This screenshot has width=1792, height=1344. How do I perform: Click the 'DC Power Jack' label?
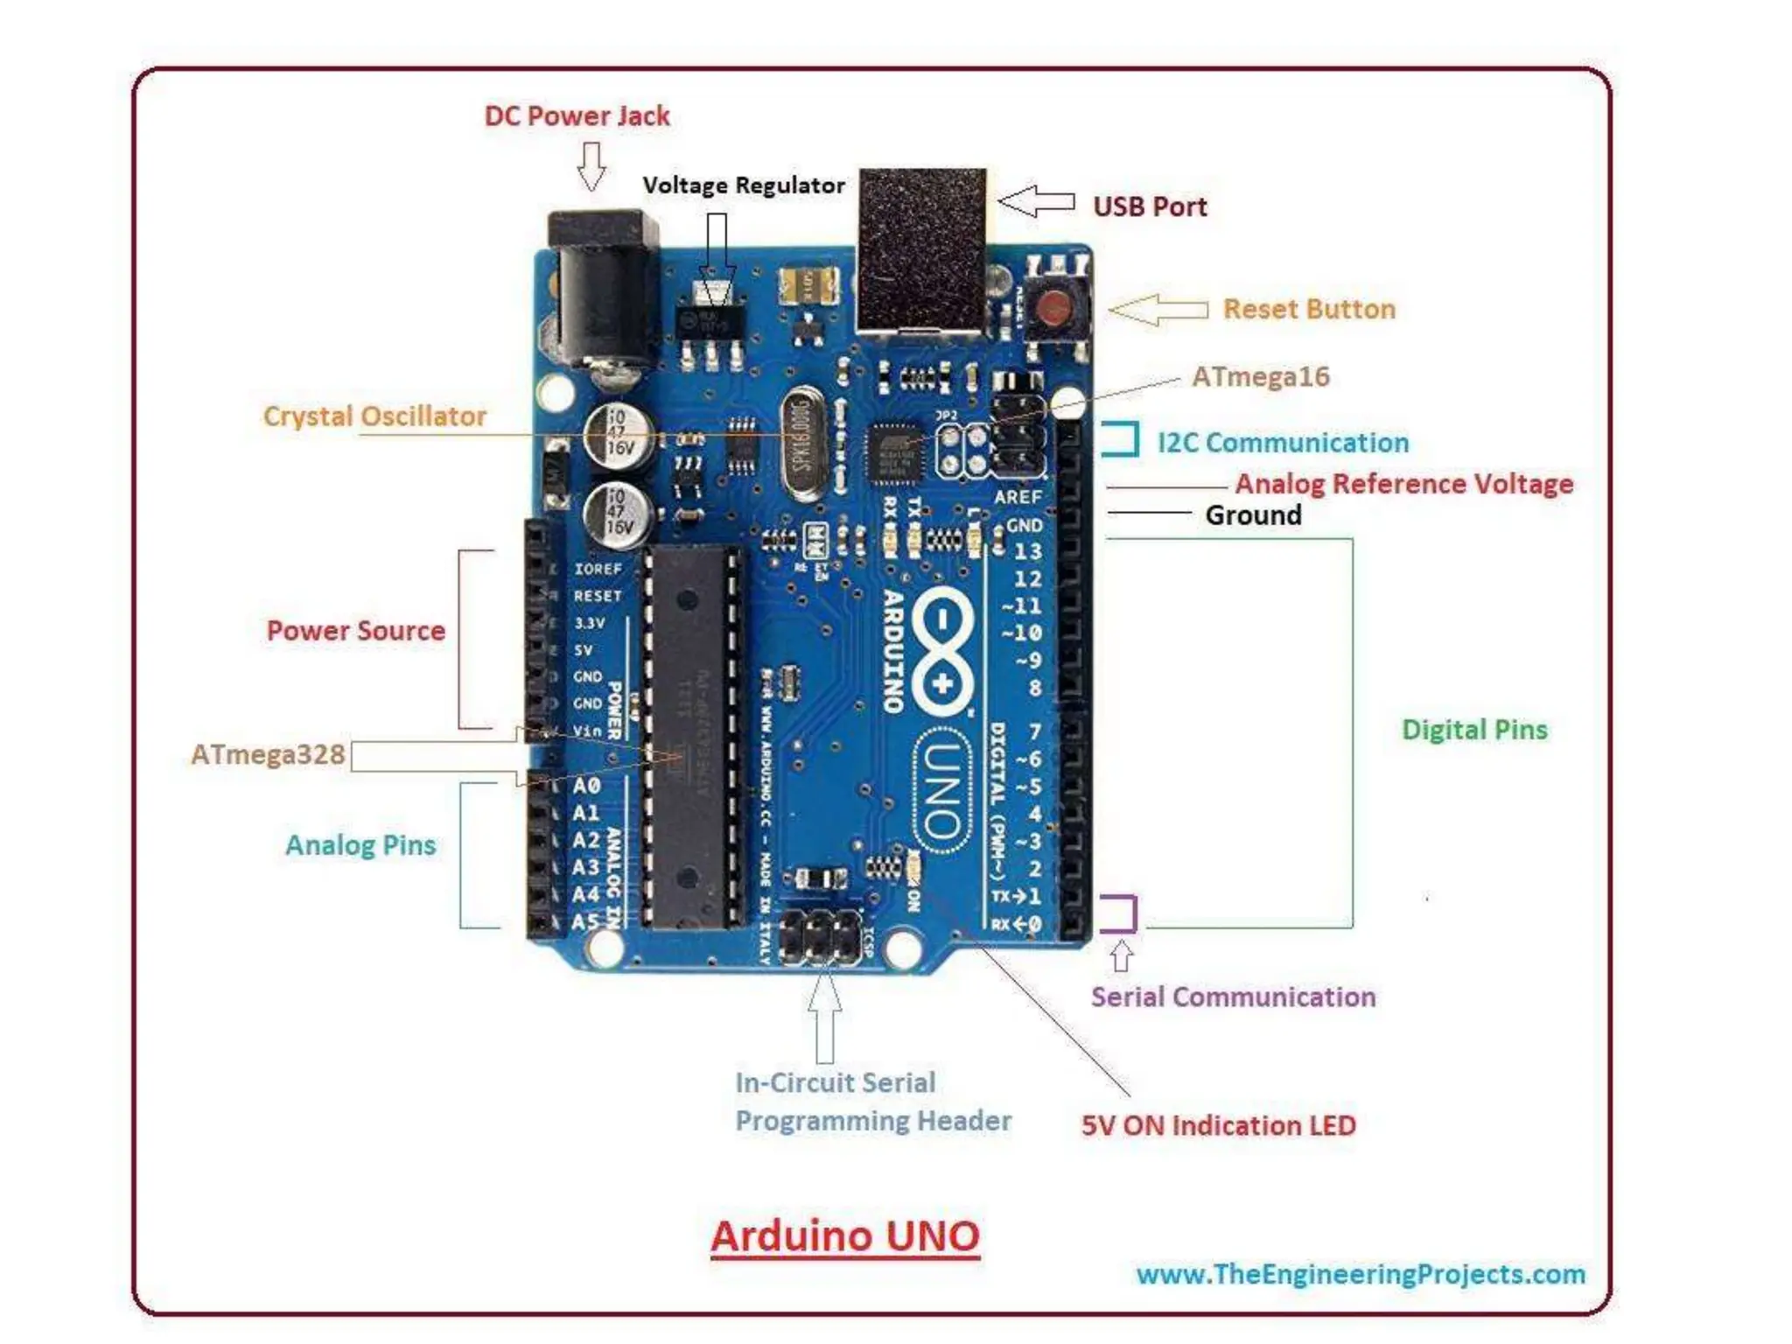577,116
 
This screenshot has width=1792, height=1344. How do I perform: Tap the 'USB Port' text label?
1149,206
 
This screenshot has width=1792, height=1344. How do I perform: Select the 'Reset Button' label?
1308,309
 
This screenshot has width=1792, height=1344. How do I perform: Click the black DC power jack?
603,289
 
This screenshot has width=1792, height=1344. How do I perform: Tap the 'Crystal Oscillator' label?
374,416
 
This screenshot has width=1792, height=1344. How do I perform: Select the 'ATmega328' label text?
268,754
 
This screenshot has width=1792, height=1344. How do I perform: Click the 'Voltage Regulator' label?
744,185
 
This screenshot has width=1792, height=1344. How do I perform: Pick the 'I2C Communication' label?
1283,443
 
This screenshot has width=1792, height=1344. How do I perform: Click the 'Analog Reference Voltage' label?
1403,484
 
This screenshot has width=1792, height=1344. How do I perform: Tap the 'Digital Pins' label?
1474,730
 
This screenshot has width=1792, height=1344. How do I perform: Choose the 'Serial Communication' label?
1233,997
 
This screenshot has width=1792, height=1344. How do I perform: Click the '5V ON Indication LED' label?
1218,1125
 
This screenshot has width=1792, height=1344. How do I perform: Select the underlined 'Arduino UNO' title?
845,1236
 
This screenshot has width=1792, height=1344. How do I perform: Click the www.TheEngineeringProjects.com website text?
1361,1274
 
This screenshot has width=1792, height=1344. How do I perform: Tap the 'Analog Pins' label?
360,845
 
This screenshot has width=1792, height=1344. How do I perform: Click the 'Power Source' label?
355,631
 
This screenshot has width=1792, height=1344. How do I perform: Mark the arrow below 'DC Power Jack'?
591,165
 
